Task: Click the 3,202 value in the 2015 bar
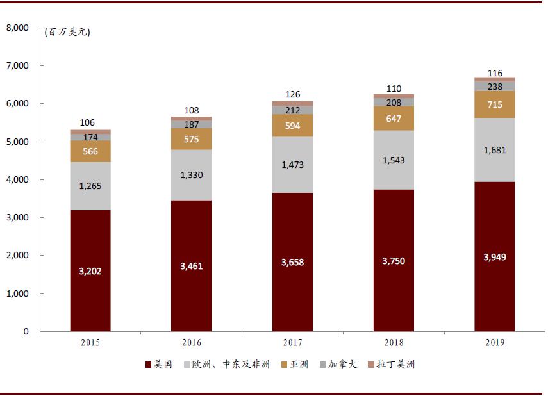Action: point(90,271)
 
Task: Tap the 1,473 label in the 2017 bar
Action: point(292,165)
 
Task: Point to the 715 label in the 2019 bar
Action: point(494,104)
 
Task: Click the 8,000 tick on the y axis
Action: point(17,28)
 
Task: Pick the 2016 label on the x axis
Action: point(192,343)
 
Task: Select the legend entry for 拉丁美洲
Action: point(396,365)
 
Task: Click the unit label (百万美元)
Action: point(67,32)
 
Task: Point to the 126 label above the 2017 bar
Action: point(292,94)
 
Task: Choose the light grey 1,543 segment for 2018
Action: point(394,160)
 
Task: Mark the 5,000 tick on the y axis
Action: point(17,142)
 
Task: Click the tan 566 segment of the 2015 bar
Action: point(90,151)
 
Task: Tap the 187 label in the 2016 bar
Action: point(192,124)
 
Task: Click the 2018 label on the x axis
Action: point(394,343)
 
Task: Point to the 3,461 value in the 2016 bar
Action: point(192,266)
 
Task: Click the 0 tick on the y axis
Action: point(26,331)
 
